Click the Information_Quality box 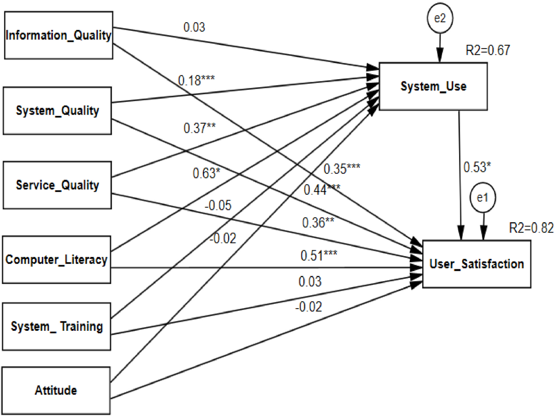pyautogui.click(x=58, y=35)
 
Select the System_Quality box pyautogui.click(x=57, y=111)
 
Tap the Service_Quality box pyautogui.click(x=57, y=185)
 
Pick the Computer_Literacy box pyautogui.click(x=56, y=260)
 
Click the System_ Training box pyautogui.click(x=56, y=326)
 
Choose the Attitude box pyautogui.click(x=56, y=390)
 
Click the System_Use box pyautogui.click(x=433, y=86)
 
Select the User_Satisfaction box pyautogui.click(x=476, y=264)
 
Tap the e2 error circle pyautogui.click(x=439, y=18)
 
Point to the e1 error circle pyautogui.click(x=483, y=198)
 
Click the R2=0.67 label pyautogui.click(x=488, y=50)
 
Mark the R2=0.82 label pyautogui.click(x=531, y=228)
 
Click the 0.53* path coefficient pyautogui.click(x=477, y=167)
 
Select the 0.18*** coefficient pyautogui.click(x=196, y=80)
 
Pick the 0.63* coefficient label pyautogui.click(x=206, y=173)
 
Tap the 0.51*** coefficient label pyautogui.click(x=319, y=256)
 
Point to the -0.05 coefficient pyautogui.click(x=218, y=205)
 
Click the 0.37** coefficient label pyautogui.click(x=199, y=128)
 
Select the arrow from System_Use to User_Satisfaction pyautogui.click(x=460, y=177)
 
